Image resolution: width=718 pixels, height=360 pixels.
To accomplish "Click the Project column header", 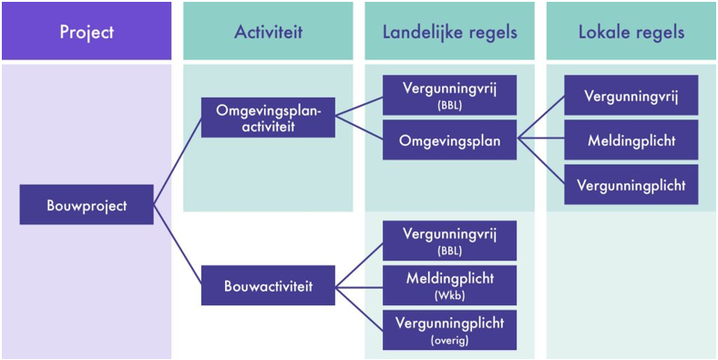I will click(87, 32).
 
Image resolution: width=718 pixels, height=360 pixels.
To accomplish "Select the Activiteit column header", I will click(268, 32).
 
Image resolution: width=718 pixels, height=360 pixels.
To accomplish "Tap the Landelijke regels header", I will click(449, 32).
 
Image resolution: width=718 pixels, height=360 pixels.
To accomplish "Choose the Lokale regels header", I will click(631, 32).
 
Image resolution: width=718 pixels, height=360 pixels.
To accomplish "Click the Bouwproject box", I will click(87, 205).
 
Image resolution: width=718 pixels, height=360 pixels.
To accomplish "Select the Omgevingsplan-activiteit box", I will click(268, 118).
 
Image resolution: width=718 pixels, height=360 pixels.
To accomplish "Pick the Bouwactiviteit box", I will click(268, 286).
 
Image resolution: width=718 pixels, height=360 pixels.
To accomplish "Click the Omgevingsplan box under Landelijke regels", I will click(449, 140).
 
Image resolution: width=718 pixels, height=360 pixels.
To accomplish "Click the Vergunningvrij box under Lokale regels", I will click(631, 96).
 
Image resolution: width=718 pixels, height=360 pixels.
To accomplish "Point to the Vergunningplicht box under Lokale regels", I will click(631, 185).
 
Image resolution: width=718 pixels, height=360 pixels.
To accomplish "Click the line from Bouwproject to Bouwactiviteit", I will click(177, 246).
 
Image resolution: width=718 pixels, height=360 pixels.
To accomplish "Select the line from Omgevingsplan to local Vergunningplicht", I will click(540, 163).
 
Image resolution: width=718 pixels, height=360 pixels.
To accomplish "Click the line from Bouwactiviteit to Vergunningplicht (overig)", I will click(359, 308).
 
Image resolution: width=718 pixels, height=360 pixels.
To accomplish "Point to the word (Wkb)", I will click(449, 296).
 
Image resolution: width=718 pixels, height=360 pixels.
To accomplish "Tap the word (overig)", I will click(449, 340).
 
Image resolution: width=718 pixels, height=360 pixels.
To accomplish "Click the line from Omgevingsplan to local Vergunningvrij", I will click(540, 118).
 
